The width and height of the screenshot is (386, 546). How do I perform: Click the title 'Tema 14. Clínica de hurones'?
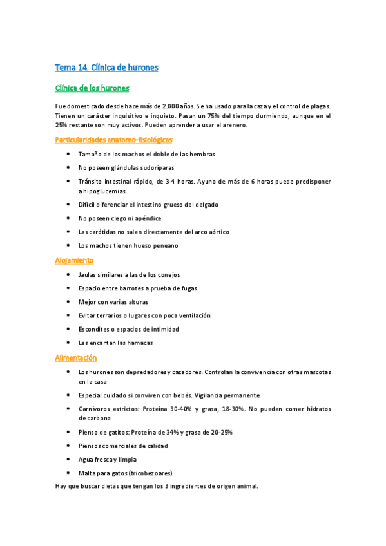pos(106,67)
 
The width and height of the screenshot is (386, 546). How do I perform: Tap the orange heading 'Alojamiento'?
pos(74,260)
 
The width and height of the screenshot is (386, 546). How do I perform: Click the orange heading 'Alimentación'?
pos(76,357)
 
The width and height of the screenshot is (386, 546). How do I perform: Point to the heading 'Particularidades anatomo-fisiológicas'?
pos(113,139)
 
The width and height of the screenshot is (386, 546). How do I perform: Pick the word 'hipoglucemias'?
pos(102,191)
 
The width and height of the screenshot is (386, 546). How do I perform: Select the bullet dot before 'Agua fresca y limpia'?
pos(69,459)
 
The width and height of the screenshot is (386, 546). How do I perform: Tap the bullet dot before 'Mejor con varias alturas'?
pos(69,302)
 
